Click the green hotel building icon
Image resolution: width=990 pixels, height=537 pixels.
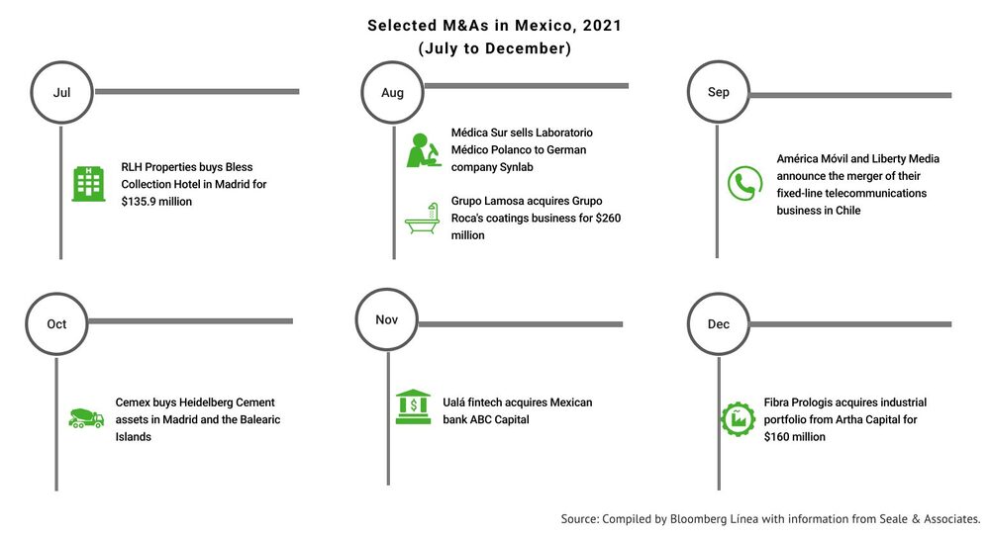(x=88, y=184)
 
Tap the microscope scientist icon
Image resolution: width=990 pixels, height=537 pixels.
(x=424, y=150)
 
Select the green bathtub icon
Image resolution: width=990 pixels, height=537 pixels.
(x=423, y=219)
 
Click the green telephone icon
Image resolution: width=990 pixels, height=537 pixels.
(x=745, y=184)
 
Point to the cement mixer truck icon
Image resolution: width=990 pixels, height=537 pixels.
(x=86, y=418)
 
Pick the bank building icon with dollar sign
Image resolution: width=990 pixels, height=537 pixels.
(x=413, y=406)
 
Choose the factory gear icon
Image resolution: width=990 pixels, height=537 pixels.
(x=738, y=419)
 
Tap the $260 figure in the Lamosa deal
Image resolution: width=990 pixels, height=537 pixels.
(x=608, y=219)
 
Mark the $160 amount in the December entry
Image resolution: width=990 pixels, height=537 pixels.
(x=776, y=437)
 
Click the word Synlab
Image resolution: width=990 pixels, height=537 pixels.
(x=517, y=167)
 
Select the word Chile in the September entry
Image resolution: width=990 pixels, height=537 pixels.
(x=848, y=211)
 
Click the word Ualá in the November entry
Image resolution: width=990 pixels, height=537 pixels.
(x=454, y=403)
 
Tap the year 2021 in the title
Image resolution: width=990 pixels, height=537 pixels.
(x=602, y=26)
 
